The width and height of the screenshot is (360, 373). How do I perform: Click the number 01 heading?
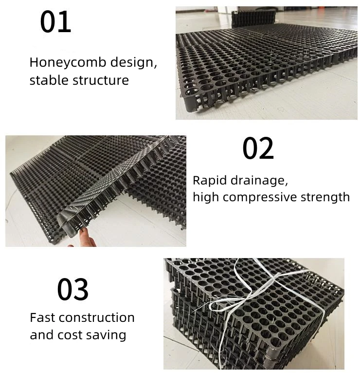pos(55,22)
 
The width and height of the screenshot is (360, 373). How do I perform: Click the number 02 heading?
pos(258,149)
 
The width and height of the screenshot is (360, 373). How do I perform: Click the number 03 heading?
pos(73,289)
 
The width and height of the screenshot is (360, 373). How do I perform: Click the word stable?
pos(49,80)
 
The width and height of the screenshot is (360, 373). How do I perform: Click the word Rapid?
pos(208,180)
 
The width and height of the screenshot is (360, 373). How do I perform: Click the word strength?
pos(330,197)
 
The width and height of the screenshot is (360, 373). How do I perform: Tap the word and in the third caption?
pos(41,335)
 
